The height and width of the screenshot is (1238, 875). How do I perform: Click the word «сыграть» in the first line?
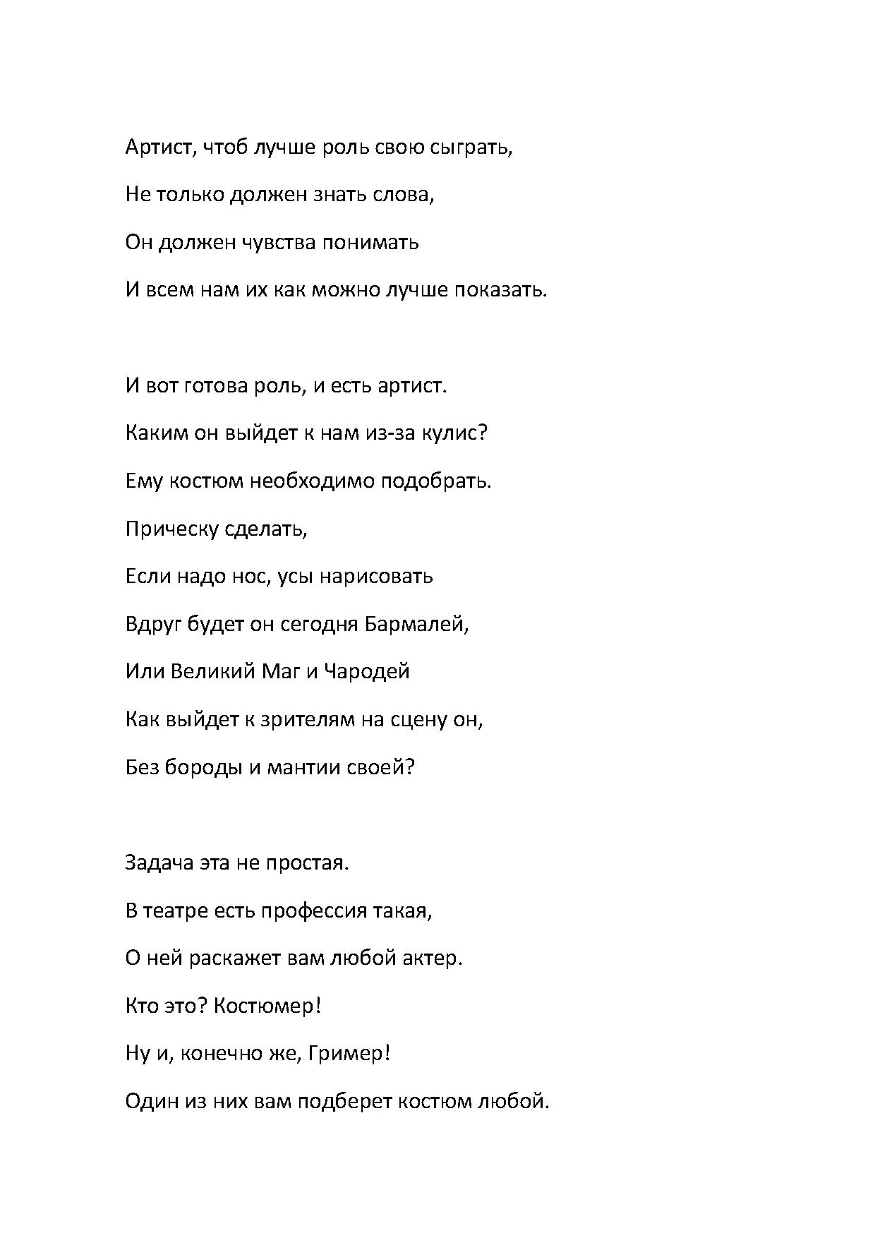469,148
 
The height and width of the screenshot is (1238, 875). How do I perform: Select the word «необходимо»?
313,481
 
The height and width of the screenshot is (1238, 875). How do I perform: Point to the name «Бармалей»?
416,625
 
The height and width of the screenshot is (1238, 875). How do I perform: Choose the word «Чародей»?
367,671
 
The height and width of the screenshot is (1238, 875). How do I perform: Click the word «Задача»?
159,863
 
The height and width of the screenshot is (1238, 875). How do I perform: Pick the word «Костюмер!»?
267,1006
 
